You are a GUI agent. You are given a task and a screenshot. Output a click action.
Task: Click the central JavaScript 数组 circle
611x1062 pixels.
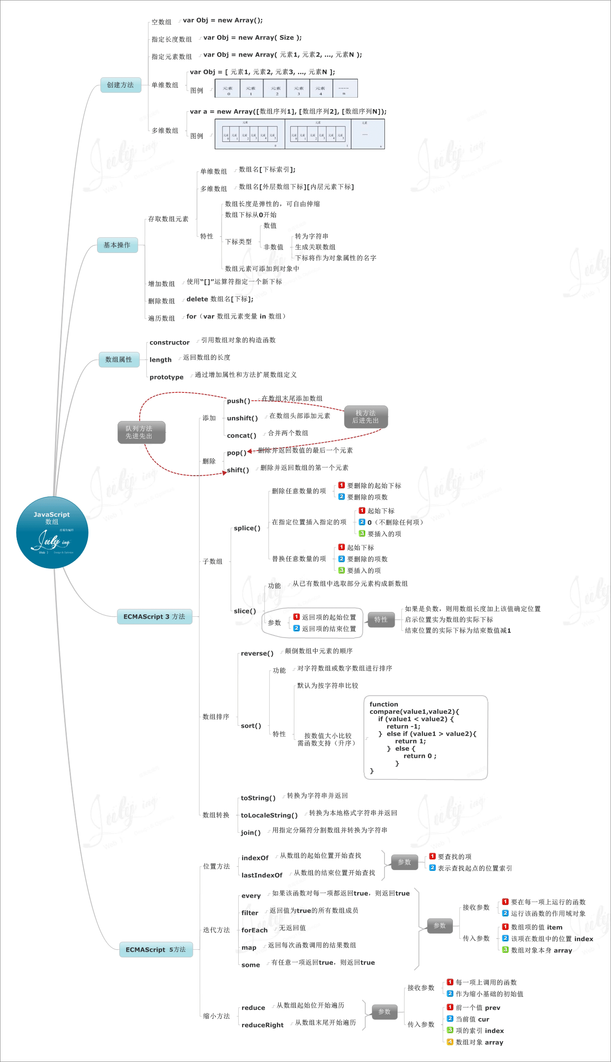pos(52,532)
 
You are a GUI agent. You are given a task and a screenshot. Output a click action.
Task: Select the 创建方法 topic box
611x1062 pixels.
pos(120,85)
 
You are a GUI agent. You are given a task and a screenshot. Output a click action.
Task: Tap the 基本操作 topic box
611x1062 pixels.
pos(117,245)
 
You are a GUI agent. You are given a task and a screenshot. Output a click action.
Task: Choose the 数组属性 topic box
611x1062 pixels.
pos(119,360)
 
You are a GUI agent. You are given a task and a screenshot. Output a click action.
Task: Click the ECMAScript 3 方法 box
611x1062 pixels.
pos(154,616)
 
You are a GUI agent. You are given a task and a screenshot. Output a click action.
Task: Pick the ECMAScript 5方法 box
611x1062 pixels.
pos(156,949)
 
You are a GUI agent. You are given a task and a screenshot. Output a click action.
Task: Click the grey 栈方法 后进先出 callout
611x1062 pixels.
pos(366,417)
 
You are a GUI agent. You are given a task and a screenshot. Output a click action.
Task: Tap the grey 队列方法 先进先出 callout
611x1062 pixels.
pos(141,432)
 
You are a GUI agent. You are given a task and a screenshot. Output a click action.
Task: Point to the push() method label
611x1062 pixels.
pos(238,401)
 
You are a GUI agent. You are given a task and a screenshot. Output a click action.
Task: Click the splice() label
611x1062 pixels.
pos(247,528)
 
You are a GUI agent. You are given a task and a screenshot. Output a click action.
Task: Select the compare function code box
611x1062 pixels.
pos(425,737)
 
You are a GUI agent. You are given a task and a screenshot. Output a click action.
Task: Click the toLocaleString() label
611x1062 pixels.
pos(269,815)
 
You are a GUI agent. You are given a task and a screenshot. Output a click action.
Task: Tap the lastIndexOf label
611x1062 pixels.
pos(262,875)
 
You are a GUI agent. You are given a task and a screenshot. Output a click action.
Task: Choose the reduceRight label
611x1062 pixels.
pos(262,1025)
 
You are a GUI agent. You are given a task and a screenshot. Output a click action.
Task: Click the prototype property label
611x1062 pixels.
pos(166,377)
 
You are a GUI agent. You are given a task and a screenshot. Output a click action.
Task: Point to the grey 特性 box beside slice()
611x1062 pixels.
pos(380,619)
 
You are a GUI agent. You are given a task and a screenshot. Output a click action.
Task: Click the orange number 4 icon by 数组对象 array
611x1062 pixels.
pos(450,1042)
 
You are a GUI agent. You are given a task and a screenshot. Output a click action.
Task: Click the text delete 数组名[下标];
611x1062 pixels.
pos(220,299)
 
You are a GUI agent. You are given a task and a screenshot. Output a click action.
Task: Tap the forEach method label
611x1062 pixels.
pos(254,930)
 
